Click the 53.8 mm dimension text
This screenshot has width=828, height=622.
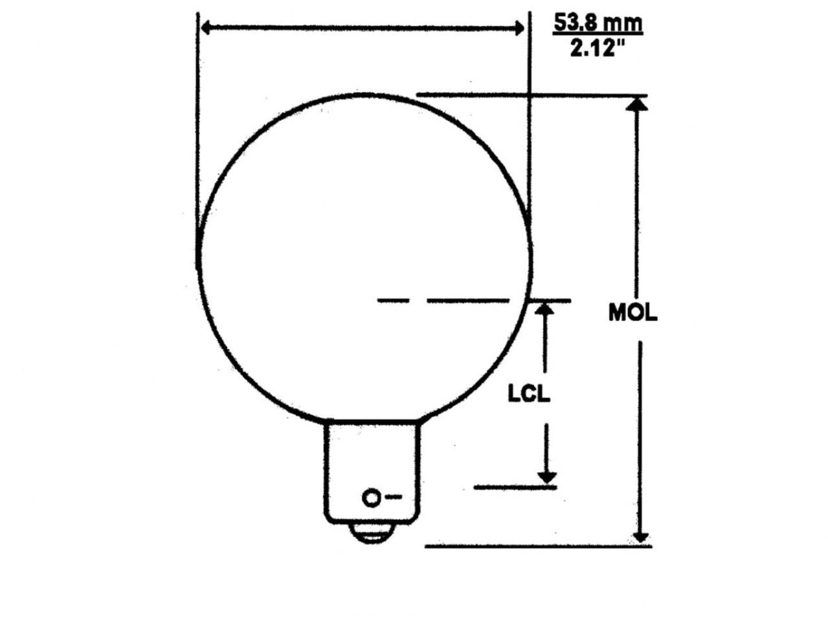tap(598, 23)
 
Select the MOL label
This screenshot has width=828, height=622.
tap(632, 312)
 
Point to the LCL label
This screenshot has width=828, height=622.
tap(528, 393)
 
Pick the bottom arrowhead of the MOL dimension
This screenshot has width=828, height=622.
tap(640, 537)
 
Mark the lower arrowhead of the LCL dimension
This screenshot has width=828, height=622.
tap(547, 477)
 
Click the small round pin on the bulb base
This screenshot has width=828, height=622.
tap(372, 498)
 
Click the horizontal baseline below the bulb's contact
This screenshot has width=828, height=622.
tap(537, 546)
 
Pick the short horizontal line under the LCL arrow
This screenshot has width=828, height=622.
tap(515, 487)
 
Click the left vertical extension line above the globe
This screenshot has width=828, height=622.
tap(196, 117)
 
